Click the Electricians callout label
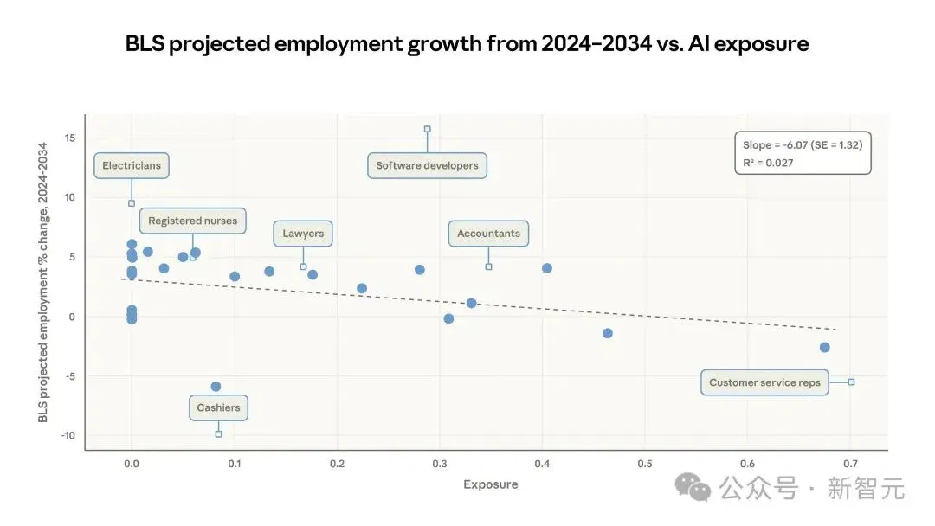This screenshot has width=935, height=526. coord(132,165)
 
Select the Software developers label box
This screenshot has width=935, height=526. coord(427,165)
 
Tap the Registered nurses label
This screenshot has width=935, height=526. coord(192,221)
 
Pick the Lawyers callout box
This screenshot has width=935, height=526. coord(303,234)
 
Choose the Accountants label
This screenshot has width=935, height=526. coord(488,234)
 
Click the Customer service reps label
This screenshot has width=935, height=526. coord(764,382)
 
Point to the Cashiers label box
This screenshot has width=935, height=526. coord(218,408)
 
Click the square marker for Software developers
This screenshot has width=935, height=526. coord(427,129)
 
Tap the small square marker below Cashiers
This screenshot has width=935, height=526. coord(218,434)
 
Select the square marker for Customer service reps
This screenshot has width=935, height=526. coord(851,382)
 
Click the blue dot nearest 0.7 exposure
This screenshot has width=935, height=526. coord(824,347)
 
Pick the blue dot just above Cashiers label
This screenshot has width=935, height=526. coord(216,387)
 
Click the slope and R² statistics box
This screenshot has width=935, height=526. coord(803,153)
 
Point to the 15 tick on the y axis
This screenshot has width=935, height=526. coord(70,138)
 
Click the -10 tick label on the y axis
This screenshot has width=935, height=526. coord(68,435)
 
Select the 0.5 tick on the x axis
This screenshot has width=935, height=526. coord(645,464)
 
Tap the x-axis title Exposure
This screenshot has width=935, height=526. coord(491,484)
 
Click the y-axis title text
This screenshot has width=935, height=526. coord(43,282)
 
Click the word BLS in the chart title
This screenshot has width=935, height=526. coord(145,43)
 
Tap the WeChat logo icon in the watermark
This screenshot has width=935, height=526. coord(693,487)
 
